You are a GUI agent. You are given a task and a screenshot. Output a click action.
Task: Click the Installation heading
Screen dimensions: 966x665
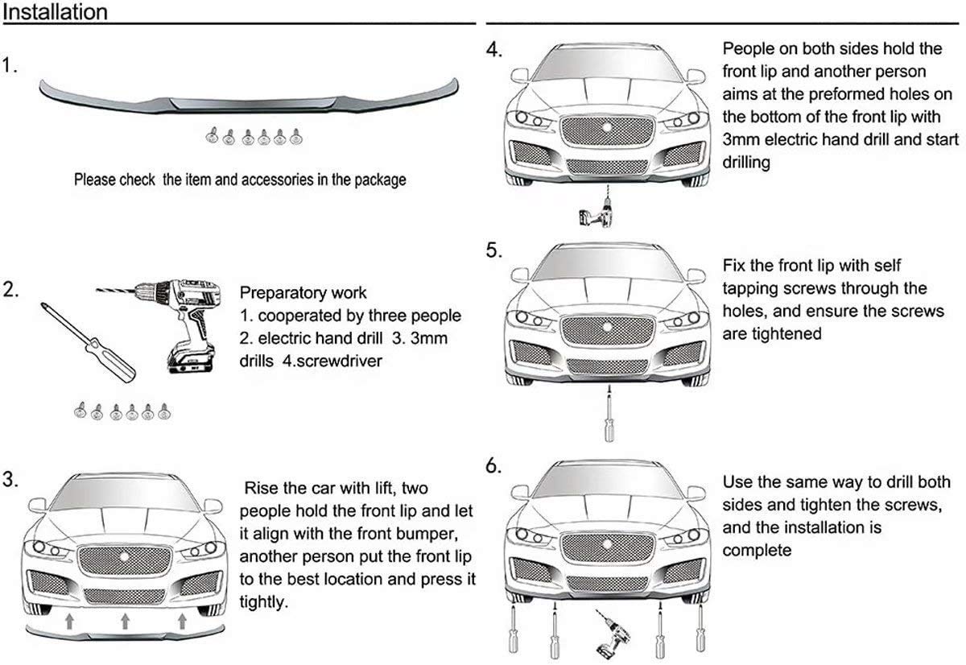pyautogui.click(x=56, y=11)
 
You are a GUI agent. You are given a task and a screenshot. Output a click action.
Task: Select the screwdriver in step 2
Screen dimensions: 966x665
pyautogui.click(x=88, y=342)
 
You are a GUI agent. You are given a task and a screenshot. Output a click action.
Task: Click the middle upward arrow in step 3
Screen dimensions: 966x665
pyautogui.click(x=125, y=621)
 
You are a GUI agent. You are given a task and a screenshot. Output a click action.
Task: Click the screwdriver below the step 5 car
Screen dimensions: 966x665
pyautogui.click(x=609, y=414)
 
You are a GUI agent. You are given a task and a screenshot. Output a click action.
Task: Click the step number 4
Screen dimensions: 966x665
pyautogui.click(x=493, y=50)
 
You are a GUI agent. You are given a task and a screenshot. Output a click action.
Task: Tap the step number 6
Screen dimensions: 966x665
pyautogui.click(x=493, y=466)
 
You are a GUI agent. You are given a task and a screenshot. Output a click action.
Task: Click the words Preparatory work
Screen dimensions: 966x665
pyautogui.click(x=303, y=293)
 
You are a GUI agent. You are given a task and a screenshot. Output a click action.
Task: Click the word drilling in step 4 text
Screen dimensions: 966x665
pyautogui.click(x=746, y=163)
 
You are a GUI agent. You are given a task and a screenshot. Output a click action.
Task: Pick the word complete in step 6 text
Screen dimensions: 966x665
pyautogui.click(x=757, y=551)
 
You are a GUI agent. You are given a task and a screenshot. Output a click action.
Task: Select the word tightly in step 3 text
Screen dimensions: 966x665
pyautogui.click(x=263, y=602)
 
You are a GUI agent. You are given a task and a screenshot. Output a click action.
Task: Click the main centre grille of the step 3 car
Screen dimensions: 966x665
pyautogui.click(x=125, y=560)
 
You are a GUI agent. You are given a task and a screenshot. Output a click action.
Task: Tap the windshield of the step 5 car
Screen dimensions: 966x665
pyautogui.click(x=607, y=264)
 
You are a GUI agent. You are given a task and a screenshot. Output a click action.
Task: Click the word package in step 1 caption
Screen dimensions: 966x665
pyautogui.click(x=380, y=180)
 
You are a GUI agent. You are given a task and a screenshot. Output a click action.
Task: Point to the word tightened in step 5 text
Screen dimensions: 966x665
pyautogui.click(x=772, y=334)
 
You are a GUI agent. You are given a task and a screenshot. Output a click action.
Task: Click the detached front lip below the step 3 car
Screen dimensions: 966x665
pyautogui.click(x=125, y=634)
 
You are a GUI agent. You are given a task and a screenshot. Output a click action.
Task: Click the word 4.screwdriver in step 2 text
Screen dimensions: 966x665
pyautogui.click(x=332, y=361)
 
